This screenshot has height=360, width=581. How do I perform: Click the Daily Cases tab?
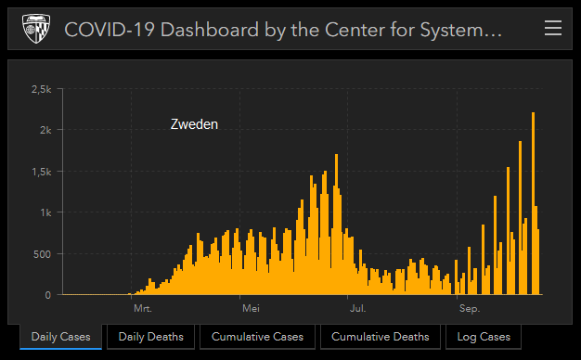click(x=61, y=336)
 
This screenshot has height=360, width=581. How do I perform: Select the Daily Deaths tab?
click(x=150, y=336)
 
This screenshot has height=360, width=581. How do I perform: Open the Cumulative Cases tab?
click(x=258, y=336)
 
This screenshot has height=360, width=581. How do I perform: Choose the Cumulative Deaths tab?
click(x=381, y=336)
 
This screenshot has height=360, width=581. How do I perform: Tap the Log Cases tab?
click(x=484, y=336)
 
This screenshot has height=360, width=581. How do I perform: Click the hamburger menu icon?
click(x=553, y=29)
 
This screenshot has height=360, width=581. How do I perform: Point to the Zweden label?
click(x=194, y=124)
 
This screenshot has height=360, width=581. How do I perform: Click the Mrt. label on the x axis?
click(x=142, y=307)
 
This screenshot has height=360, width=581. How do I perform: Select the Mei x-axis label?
click(x=250, y=307)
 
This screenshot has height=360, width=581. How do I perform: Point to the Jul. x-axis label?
click(x=357, y=307)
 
